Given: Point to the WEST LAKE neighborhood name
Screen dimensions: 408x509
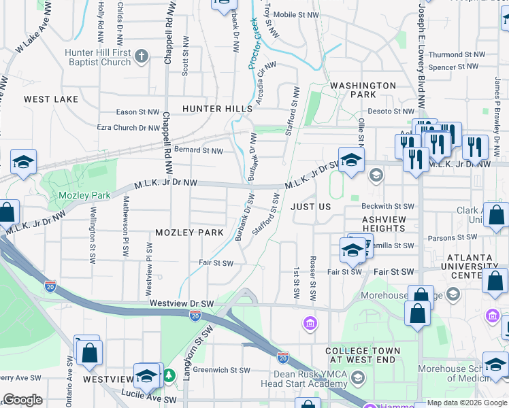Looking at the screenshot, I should tap(51, 99).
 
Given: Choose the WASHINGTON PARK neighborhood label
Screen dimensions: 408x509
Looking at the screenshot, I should tap(363, 90).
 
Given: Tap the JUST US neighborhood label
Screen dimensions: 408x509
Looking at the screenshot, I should tap(310, 206).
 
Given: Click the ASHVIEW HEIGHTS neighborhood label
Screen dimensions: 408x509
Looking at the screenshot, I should tap(384, 224).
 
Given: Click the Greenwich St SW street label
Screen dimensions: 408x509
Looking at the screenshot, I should tap(221, 371).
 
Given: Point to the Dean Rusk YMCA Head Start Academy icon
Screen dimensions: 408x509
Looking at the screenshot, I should tap(358, 377).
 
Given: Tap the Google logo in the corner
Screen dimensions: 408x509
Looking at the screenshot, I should tap(22, 400).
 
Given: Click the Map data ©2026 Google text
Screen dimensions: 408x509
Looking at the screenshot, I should tap(467, 403).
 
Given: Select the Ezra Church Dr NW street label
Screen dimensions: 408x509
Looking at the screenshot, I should tap(129, 127).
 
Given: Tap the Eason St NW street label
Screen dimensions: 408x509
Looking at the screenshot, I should tap(137, 112).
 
